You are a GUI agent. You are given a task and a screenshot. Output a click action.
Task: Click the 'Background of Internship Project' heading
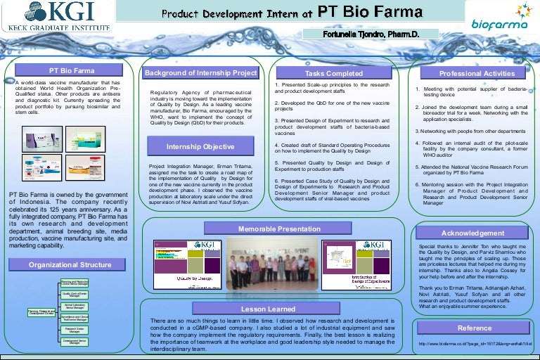click(200, 73)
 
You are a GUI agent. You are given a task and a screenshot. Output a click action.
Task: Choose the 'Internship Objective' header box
click(200, 147)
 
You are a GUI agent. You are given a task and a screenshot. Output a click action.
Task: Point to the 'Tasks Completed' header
click(333, 73)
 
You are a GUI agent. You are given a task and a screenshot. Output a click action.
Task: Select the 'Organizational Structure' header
click(70, 264)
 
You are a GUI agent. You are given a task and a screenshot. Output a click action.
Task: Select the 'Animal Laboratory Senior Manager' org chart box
click(75, 306)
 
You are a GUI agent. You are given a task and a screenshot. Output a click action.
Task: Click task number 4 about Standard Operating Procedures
click(331, 148)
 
